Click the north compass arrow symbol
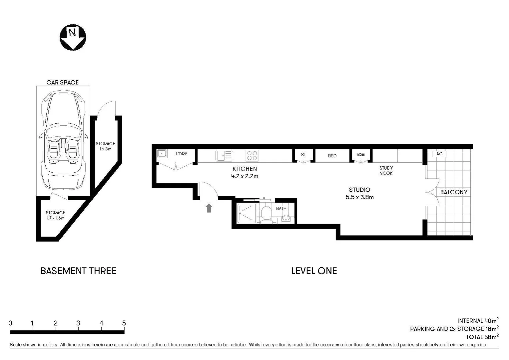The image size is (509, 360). coord(73,37)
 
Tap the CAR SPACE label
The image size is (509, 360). coord(63,82)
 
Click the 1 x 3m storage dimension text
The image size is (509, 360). coord(105,149)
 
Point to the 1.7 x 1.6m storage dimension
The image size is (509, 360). coord(55,218)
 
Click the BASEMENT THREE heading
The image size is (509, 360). coord(79,271)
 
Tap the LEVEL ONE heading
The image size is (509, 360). coord(314,271)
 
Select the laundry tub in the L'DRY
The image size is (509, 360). coord(162,154)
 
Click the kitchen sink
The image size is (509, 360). coord(224,156)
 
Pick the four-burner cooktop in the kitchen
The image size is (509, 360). coord(252,156)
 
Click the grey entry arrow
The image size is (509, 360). coord(209,208)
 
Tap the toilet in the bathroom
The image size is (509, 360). coord(266,214)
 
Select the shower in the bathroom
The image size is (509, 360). coord(247,213)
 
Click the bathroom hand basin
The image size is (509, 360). coord(286,218)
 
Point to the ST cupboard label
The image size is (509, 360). coord(303,155)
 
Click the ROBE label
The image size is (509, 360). coord(361,155)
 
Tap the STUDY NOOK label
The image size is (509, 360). coord(386,171)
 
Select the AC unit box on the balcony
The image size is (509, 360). coord(439,154)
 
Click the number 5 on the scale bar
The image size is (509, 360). coord(124,323)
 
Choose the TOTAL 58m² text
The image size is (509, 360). coord(482,337)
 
